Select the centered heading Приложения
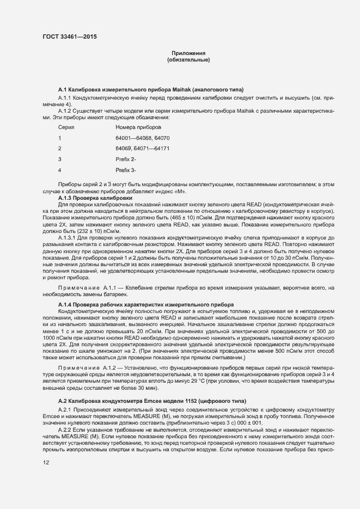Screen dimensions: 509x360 (188, 53)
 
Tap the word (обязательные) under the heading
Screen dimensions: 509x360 (188, 59)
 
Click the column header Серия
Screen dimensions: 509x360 (66, 127)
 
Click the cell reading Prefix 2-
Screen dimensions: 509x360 (126, 159)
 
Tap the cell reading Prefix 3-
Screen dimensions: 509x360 (126, 170)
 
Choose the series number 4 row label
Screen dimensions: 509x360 (60, 170)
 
